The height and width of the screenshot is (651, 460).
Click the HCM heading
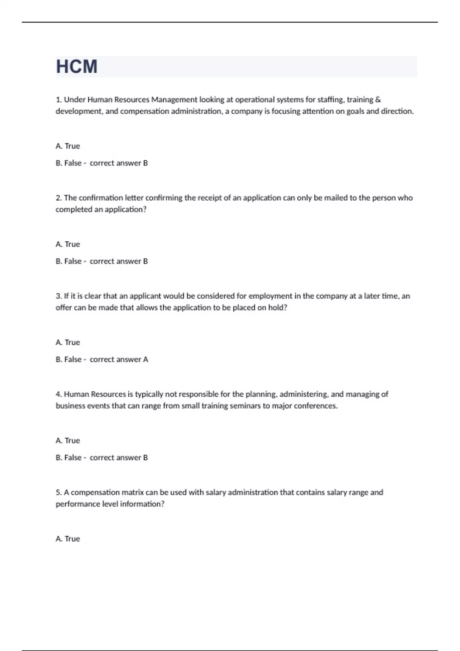coord(77,67)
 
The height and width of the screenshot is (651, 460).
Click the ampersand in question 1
coord(378,100)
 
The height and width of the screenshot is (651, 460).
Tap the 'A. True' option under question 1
coord(68,146)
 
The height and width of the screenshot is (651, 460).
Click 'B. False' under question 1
coord(69,163)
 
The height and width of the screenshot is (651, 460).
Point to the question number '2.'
coord(59,198)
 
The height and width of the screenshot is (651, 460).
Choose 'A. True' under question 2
coord(68,244)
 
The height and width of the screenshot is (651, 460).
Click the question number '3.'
coord(59,296)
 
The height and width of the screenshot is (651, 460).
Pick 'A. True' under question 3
coord(68,342)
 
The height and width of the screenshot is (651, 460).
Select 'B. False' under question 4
coord(69,458)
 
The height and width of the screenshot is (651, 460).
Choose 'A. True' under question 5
coord(68,539)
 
